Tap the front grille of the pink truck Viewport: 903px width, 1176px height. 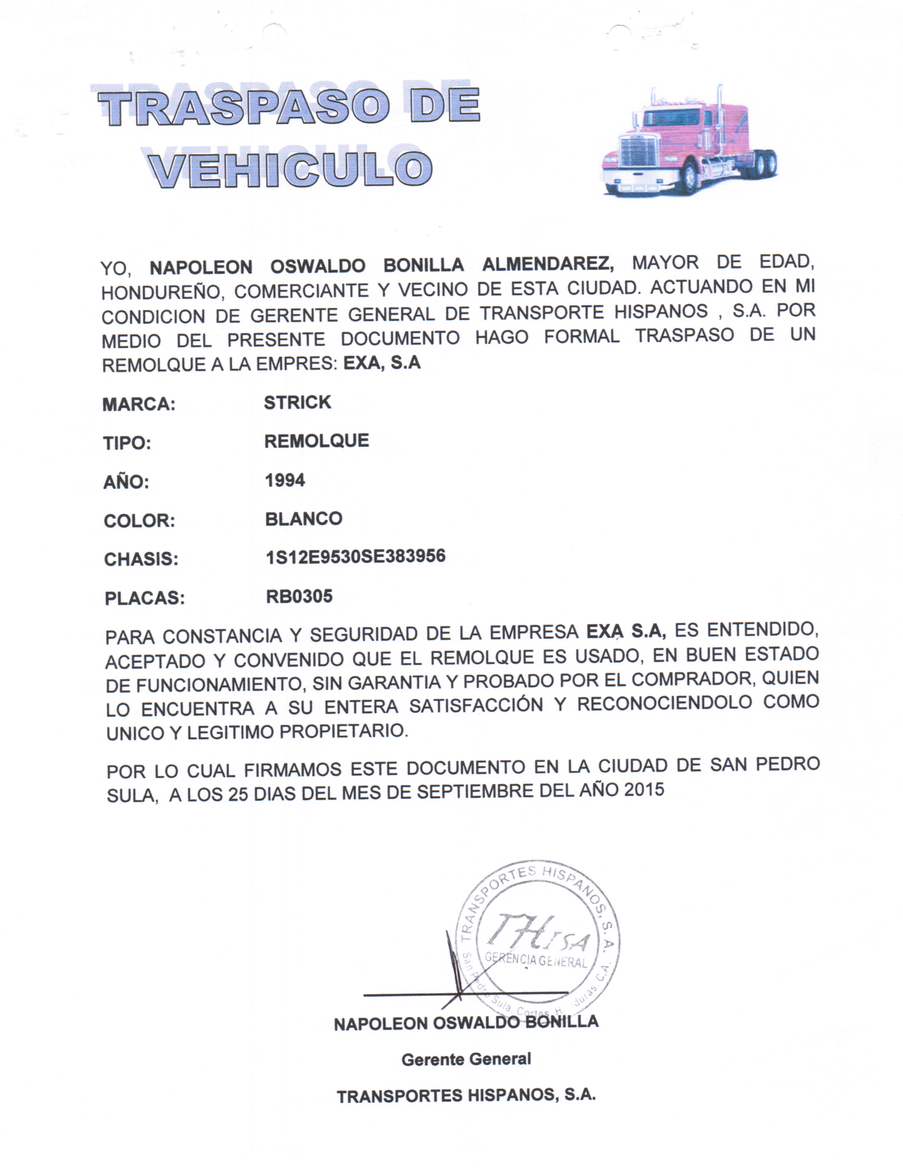tap(639, 150)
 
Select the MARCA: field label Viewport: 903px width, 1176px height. tap(139, 404)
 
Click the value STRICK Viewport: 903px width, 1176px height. tap(297, 402)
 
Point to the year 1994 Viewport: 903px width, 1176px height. tap(285, 480)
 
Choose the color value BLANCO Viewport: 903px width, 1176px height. tap(304, 519)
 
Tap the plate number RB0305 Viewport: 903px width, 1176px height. tap(299, 596)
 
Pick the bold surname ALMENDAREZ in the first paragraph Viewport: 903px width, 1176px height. tap(548, 264)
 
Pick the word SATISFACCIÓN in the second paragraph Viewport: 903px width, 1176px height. tap(476, 705)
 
